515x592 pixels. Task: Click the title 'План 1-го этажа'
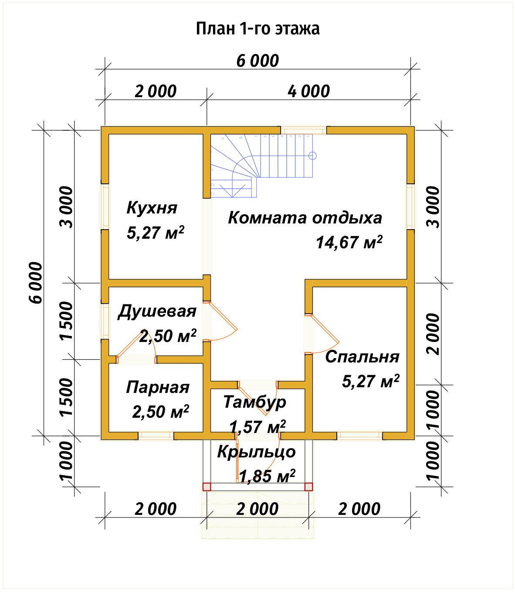click(257, 28)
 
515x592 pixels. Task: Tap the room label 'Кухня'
click(152, 208)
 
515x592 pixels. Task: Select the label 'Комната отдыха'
click(305, 217)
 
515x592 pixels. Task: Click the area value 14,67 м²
click(349, 242)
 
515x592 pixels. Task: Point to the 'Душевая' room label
click(157, 311)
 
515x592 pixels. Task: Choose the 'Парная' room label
click(157, 387)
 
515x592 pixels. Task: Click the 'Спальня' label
click(362, 356)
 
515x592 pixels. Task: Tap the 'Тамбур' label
click(254, 402)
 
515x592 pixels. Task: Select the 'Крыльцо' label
click(256, 452)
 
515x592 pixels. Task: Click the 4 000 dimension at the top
click(308, 91)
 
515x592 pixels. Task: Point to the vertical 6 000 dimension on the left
click(37, 282)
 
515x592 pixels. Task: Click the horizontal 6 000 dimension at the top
click(257, 61)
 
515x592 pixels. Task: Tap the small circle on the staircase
click(312, 156)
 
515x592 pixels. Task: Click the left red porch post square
click(207, 487)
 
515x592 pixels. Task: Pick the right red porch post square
click(308, 487)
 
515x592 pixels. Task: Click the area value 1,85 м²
click(267, 476)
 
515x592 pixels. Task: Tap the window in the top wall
click(303, 130)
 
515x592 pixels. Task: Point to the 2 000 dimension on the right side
click(434, 334)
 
